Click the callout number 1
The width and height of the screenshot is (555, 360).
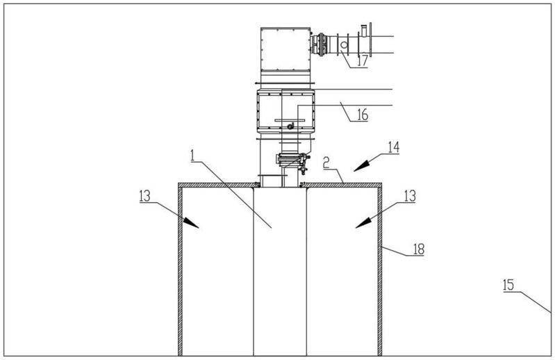pyautogui.click(x=192, y=156)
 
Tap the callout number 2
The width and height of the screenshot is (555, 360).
pyautogui.click(x=326, y=163)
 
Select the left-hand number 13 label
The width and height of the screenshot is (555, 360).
pyautogui.click(x=144, y=196)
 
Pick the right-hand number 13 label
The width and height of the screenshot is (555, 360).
pyautogui.click(x=410, y=196)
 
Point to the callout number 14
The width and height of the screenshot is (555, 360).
pyautogui.click(x=394, y=147)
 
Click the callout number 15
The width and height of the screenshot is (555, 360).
pyautogui.click(x=508, y=285)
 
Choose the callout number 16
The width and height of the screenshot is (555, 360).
pyautogui.click(x=363, y=115)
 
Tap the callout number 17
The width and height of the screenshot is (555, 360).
pyautogui.click(x=363, y=61)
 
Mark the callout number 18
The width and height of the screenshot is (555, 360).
pyautogui.click(x=418, y=249)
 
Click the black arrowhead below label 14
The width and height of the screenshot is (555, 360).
pyautogui.click(x=361, y=166)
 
